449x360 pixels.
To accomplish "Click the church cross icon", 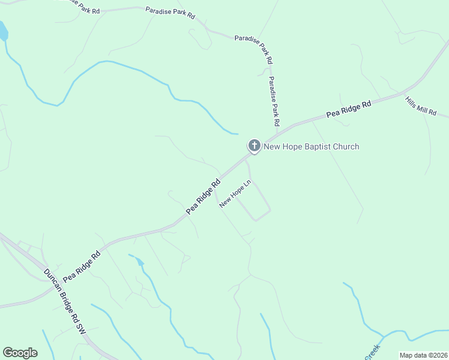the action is click(x=254, y=146).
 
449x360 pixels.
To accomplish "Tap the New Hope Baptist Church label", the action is click(x=311, y=146).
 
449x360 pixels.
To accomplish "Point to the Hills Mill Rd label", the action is click(x=427, y=107).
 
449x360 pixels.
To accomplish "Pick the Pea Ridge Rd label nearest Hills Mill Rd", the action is click(x=349, y=109).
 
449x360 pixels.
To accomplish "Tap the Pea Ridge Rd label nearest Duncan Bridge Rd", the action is click(x=82, y=266).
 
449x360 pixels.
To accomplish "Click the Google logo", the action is click(x=20, y=353).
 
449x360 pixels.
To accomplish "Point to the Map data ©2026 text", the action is click(x=423, y=355).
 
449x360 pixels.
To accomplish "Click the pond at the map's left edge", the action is click(x=3, y=31).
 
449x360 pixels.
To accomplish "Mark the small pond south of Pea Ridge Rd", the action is click(x=140, y=262).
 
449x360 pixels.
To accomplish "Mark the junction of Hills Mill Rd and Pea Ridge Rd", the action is click(x=404, y=92).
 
